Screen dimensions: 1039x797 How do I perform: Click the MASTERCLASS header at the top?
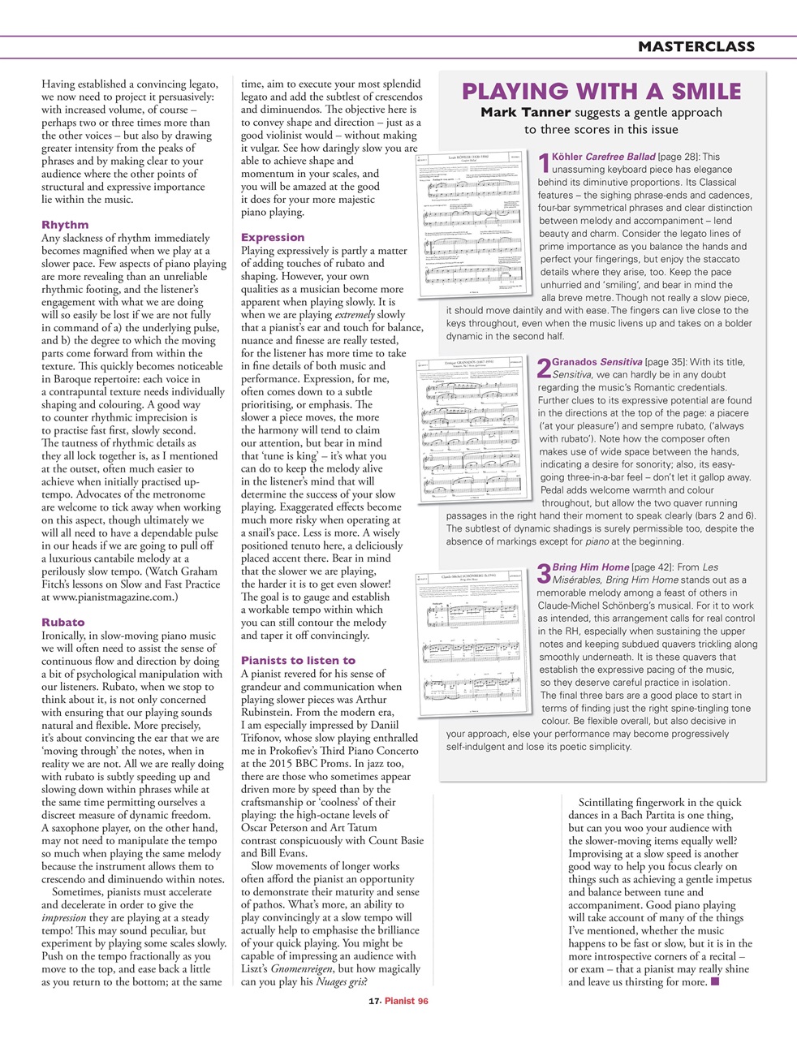click(696, 47)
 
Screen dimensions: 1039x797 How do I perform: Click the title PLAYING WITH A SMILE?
click(601, 91)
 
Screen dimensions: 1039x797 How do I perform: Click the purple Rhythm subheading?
click(65, 225)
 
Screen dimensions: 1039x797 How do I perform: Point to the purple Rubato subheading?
click(62, 623)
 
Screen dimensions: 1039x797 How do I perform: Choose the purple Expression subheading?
click(273, 238)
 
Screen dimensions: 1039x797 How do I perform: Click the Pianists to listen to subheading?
click(298, 661)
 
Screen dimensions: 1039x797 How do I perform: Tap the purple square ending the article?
click(714, 982)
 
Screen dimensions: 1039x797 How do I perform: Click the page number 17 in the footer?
click(373, 1002)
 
